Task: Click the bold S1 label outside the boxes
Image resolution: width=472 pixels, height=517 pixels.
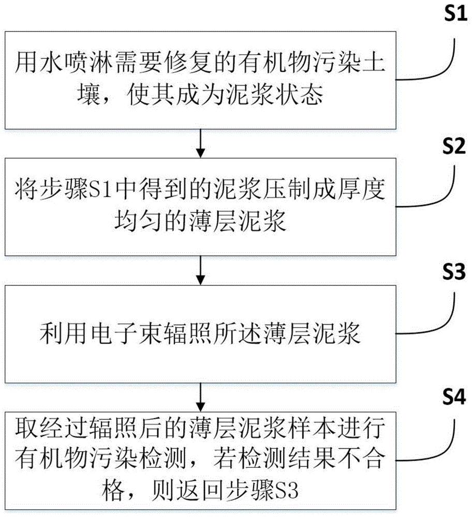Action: click(x=455, y=14)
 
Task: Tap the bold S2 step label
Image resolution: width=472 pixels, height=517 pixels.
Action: click(x=454, y=146)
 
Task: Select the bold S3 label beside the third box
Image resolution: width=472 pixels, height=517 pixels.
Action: click(x=454, y=272)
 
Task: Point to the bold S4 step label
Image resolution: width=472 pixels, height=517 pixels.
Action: click(x=454, y=397)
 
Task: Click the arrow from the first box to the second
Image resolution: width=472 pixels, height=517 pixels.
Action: click(x=200, y=143)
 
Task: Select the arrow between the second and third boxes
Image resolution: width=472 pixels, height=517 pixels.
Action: click(x=200, y=270)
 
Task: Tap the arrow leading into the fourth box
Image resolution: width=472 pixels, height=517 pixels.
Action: click(x=200, y=397)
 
